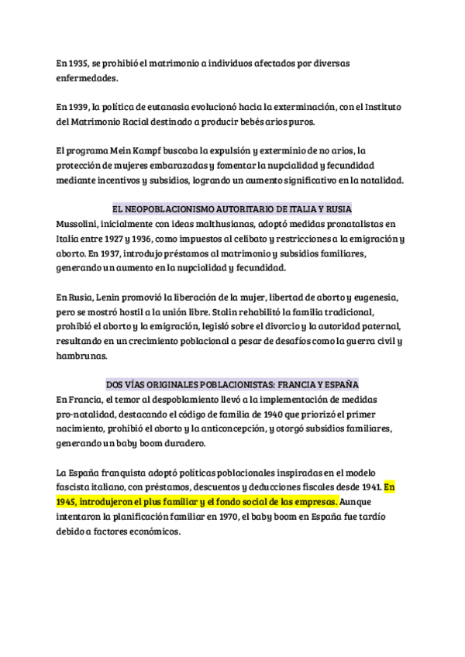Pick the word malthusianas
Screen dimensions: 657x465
[x=209, y=223]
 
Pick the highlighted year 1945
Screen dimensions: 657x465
[x=69, y=501]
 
